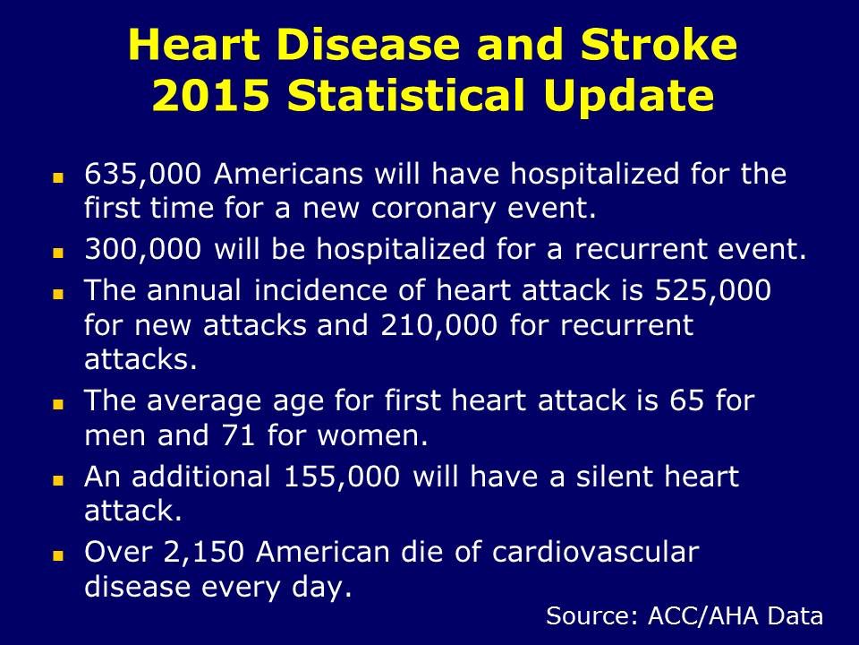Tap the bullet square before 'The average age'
tap(58, 405)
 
